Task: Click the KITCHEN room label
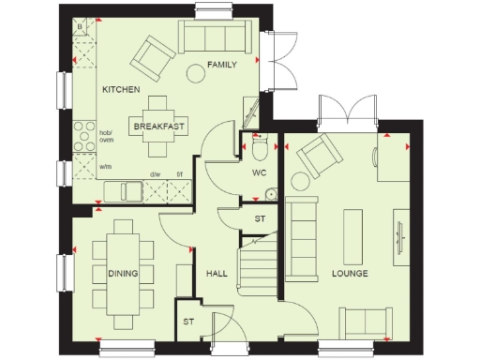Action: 121,89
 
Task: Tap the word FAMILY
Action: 221,67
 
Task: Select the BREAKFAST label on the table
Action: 158,127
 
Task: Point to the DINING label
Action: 123,274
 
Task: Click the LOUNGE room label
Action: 350,274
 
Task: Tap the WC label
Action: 260,173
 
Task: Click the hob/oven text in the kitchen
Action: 106,136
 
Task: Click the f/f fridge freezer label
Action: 179,173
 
